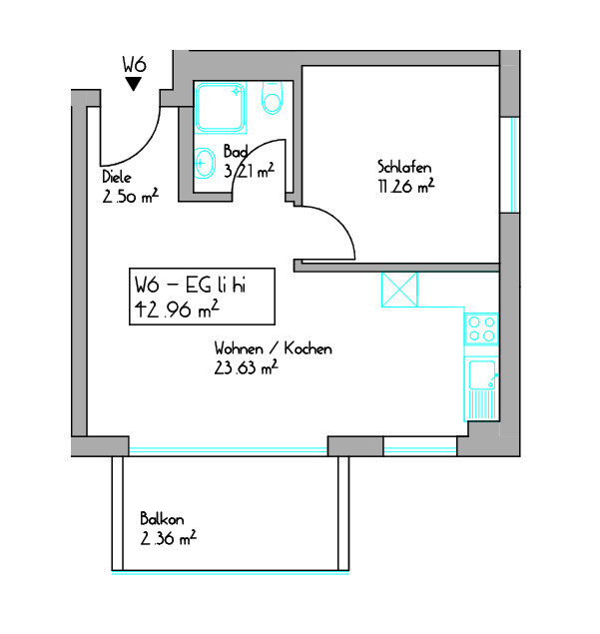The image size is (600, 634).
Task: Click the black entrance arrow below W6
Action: [133, 84]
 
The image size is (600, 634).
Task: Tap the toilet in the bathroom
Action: [272, 98]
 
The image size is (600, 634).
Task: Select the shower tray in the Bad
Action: [221, 108]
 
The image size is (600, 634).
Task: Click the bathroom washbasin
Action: [205, 163]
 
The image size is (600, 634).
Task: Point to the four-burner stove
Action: [481, 329]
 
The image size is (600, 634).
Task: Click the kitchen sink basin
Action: [482, 374]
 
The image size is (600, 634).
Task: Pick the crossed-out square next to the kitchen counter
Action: [399, 290]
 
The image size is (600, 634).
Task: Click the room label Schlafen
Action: [404, 167]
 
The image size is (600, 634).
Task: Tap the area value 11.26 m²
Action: [406, 186]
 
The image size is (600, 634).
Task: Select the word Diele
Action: [117, 177]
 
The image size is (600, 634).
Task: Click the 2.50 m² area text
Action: [130, 196]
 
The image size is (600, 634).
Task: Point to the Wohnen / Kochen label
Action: [274, 348]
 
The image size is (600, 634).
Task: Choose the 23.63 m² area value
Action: [246, 367]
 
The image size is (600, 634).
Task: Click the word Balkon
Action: [162, 519]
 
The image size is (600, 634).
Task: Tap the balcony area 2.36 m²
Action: [168, 538]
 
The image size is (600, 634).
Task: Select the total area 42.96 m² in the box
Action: [177, 310]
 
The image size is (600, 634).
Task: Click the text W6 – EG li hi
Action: [190, 285]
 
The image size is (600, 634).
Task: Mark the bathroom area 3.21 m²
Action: [249, 171]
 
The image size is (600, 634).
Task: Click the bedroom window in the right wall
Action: [510, 165]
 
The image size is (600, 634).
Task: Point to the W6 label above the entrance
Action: [134, 65]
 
